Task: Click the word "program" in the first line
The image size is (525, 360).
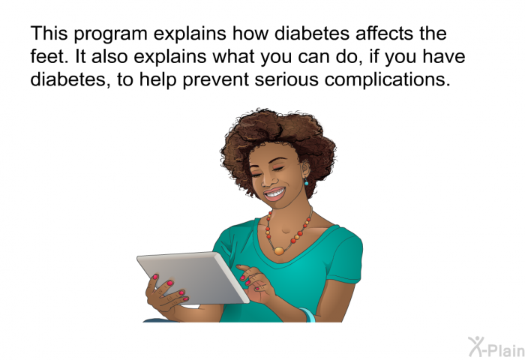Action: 110,34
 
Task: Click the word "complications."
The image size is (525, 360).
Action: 388,80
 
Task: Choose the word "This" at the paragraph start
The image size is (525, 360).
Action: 49,33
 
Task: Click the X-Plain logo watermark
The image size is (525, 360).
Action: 496,347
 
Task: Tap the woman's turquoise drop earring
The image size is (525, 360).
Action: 306,181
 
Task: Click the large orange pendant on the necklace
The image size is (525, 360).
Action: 279,250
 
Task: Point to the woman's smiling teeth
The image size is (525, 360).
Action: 274,193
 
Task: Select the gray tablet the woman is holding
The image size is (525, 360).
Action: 193,277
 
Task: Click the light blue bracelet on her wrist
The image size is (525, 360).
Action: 308,315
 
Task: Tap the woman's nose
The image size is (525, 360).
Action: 265,180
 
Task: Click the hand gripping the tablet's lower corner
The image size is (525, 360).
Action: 166,294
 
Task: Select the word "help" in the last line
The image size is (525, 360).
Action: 157,80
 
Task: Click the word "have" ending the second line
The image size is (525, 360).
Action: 444,56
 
